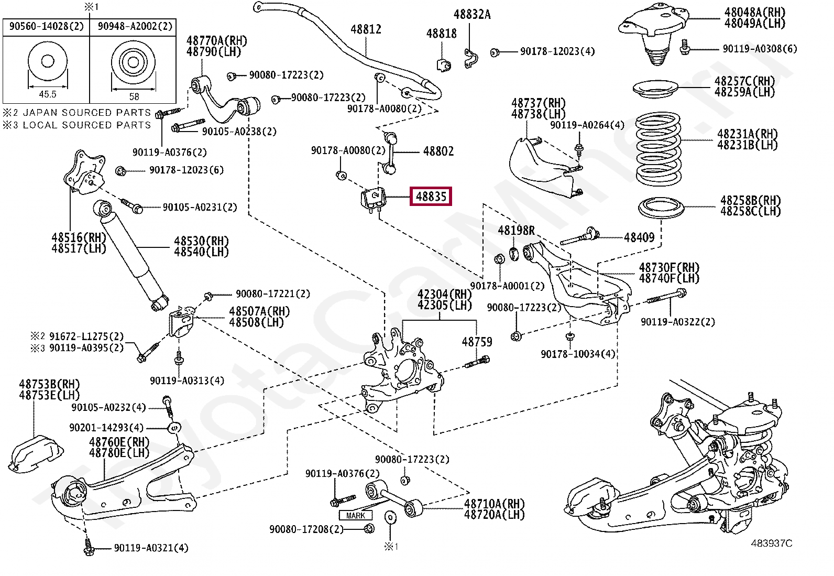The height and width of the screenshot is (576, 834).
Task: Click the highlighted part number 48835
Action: click(x=431, y=197)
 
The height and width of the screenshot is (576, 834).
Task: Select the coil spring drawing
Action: click(x=658, y=149)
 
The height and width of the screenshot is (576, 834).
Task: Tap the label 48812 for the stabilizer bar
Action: click(x=366, y=29)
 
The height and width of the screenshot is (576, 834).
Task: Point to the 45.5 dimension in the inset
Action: click(x=47, y=94)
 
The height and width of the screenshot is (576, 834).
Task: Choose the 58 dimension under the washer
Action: click(x=134, y=96)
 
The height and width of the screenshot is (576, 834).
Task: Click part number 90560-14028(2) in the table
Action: click(x=46, y=26)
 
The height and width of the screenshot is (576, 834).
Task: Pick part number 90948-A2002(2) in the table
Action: click(x=135, y=26)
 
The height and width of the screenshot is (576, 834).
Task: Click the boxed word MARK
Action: click(x=355, y=515)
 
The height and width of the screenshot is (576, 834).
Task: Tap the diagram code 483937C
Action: click(x=771, y=543)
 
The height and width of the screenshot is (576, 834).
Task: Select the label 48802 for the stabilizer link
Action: click(x=438, y=151)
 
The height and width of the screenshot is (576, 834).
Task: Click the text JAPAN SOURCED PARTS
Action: click(x=87, y=113)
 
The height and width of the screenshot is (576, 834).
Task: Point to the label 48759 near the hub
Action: click(x=477, y=342)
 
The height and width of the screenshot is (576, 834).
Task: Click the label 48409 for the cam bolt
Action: click(x=639, y=237)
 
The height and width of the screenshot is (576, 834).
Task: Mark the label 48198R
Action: click(x=516, y=230)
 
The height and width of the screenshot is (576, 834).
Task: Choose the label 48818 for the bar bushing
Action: click(x=441, y=34)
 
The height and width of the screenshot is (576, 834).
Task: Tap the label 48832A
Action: click(x=471, y=15)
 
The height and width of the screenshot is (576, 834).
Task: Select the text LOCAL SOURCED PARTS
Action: click(x=87, y=125)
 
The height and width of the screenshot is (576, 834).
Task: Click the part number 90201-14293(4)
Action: click(x=106, y=428)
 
